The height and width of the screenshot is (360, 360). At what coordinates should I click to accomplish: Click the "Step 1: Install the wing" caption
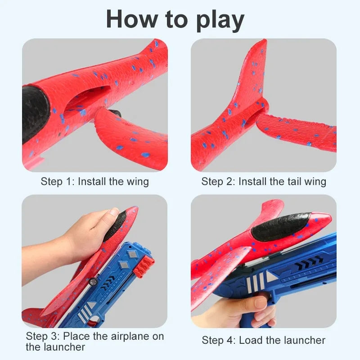[94, 181]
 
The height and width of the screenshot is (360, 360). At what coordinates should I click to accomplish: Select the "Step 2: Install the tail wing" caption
[263, 181]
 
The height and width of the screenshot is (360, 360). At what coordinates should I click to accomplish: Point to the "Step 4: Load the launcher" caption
[263, 340]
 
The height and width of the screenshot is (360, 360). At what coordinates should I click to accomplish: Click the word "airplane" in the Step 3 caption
[121, 336]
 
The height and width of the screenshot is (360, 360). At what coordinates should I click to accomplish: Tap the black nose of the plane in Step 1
[34, 112]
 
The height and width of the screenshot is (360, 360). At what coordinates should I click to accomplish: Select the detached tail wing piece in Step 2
[297, 130]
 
